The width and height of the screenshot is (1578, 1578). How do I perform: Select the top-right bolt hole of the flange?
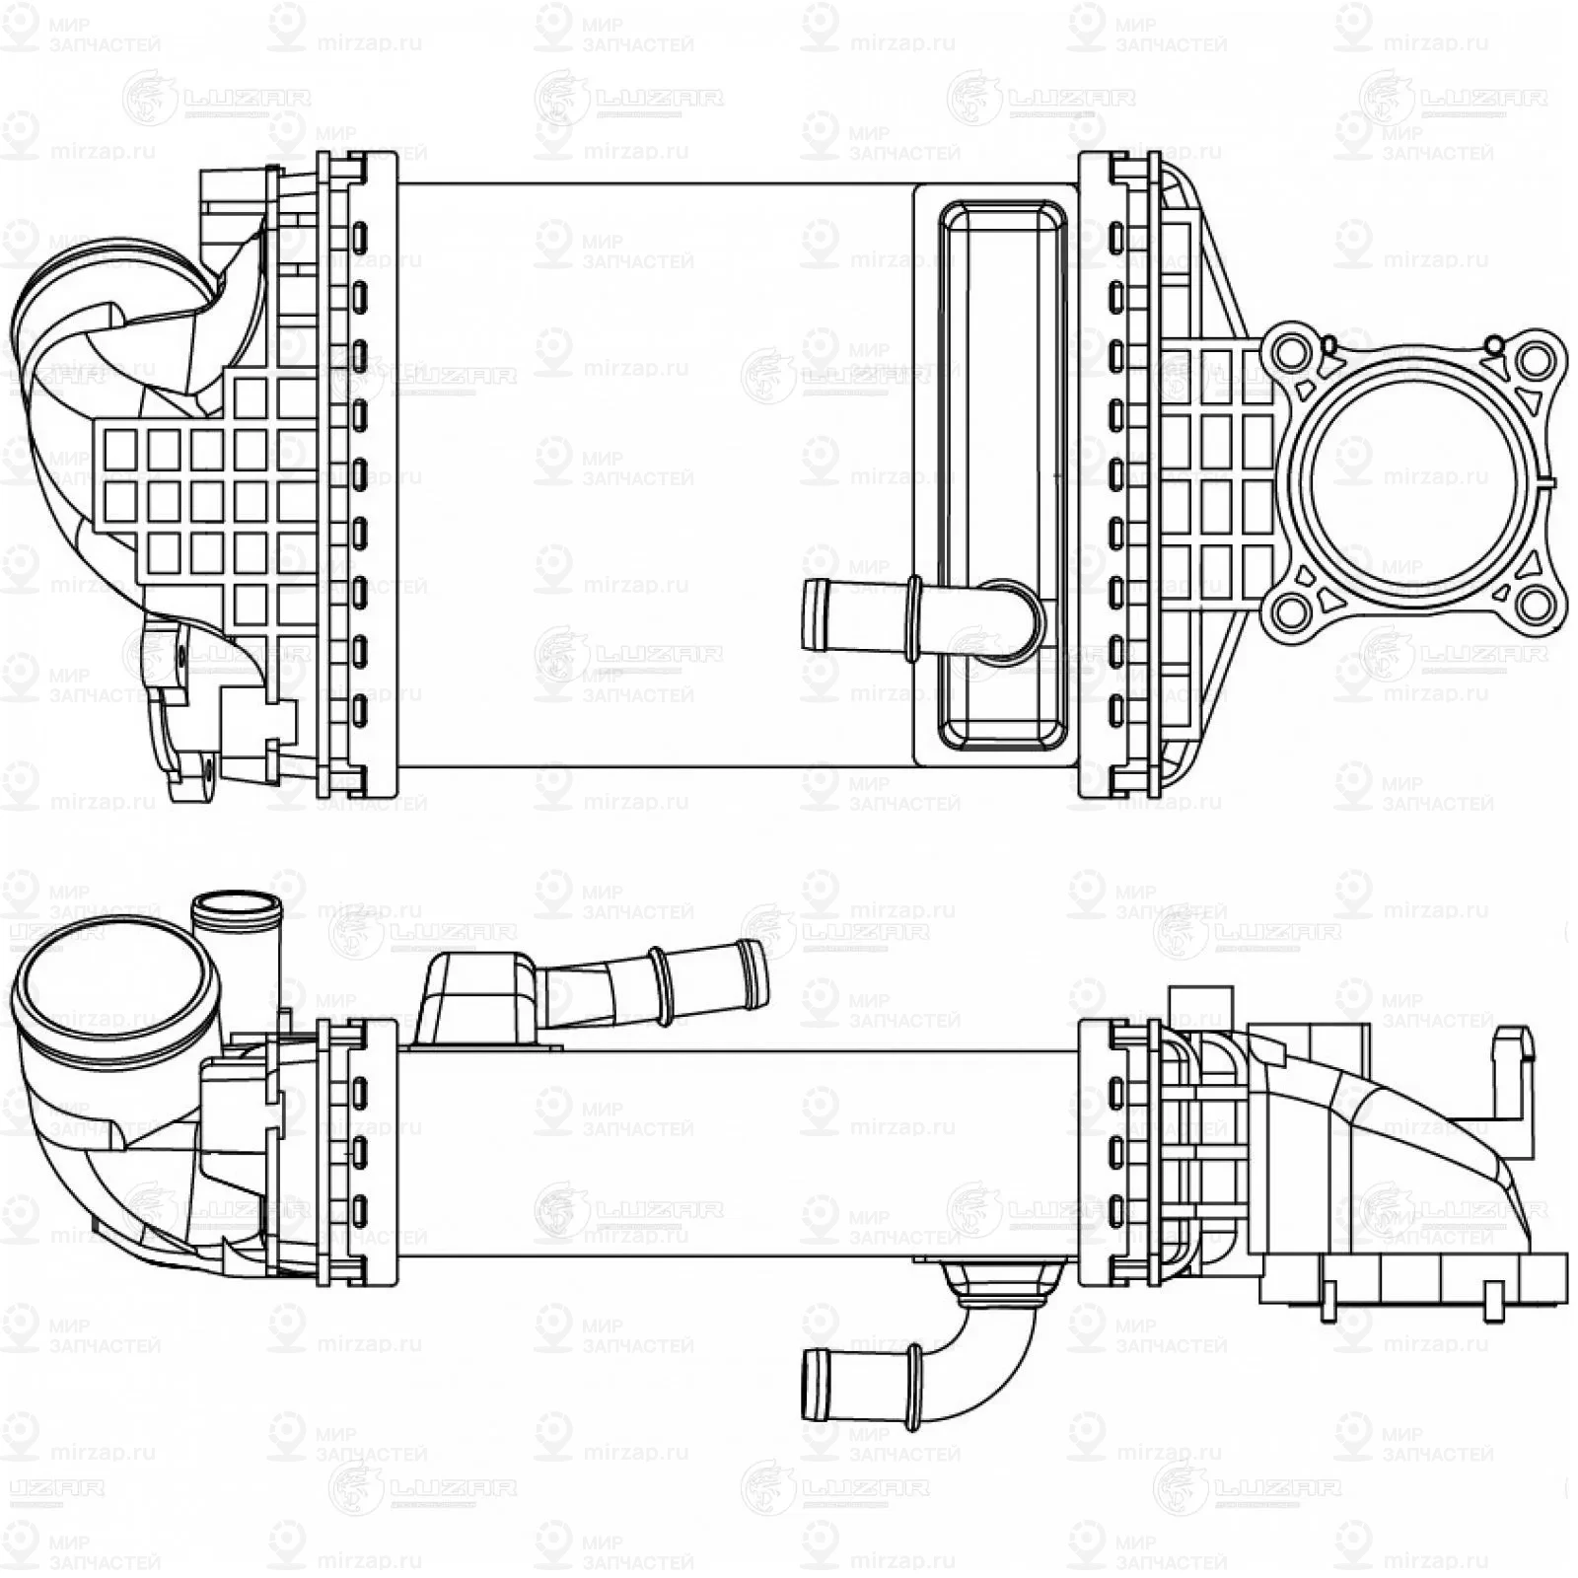[1534, 360]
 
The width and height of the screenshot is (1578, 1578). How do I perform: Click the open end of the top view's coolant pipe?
[815, 614]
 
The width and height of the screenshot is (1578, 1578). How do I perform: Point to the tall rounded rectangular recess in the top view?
[1001, 473]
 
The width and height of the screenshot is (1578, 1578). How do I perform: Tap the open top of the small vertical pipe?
[237, 903]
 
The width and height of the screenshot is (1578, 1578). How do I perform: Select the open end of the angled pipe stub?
[754, 973]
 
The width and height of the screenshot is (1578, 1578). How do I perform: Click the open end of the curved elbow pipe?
[815, 1385]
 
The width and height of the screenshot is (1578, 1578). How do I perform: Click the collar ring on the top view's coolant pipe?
[913, 615]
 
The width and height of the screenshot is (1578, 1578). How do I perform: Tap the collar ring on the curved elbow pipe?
[913, 1386]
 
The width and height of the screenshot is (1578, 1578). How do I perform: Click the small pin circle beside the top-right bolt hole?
[1494, 345]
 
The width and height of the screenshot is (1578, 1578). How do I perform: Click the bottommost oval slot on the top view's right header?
[1115, 710]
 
